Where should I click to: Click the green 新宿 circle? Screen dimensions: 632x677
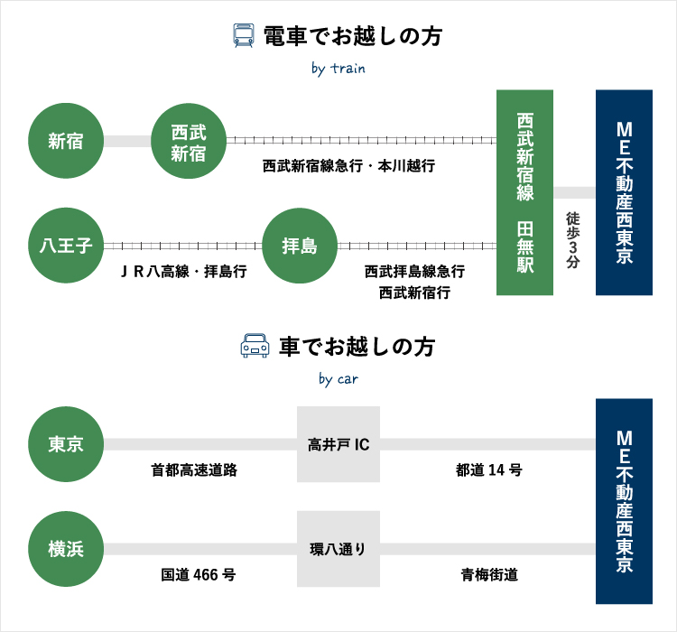[67, 141]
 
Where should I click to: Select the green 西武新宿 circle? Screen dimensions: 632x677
[188, 141]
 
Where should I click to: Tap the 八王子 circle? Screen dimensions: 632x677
[67, 246]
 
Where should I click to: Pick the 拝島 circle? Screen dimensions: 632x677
[298, 246]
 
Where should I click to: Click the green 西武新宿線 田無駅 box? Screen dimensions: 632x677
[524, 192]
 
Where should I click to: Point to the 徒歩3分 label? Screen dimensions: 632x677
[573, 239]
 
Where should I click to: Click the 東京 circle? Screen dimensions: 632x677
[67, 444]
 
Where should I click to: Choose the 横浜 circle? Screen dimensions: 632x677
[67, 549]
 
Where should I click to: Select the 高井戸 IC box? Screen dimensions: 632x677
[338, 444]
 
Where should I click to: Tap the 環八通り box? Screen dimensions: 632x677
[338, 549]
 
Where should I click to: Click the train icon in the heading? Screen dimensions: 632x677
[244, 36]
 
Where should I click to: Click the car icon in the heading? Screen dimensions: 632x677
[255, 347]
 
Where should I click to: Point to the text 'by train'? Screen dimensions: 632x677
[338, 69]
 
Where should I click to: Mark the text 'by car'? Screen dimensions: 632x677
[338, 379]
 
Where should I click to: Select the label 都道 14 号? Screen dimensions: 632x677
[489, 470]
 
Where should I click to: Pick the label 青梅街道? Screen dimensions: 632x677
[489, 575]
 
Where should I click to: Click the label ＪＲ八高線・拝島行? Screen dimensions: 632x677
[183, 272]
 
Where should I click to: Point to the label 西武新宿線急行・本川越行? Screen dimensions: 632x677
[348, 166]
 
